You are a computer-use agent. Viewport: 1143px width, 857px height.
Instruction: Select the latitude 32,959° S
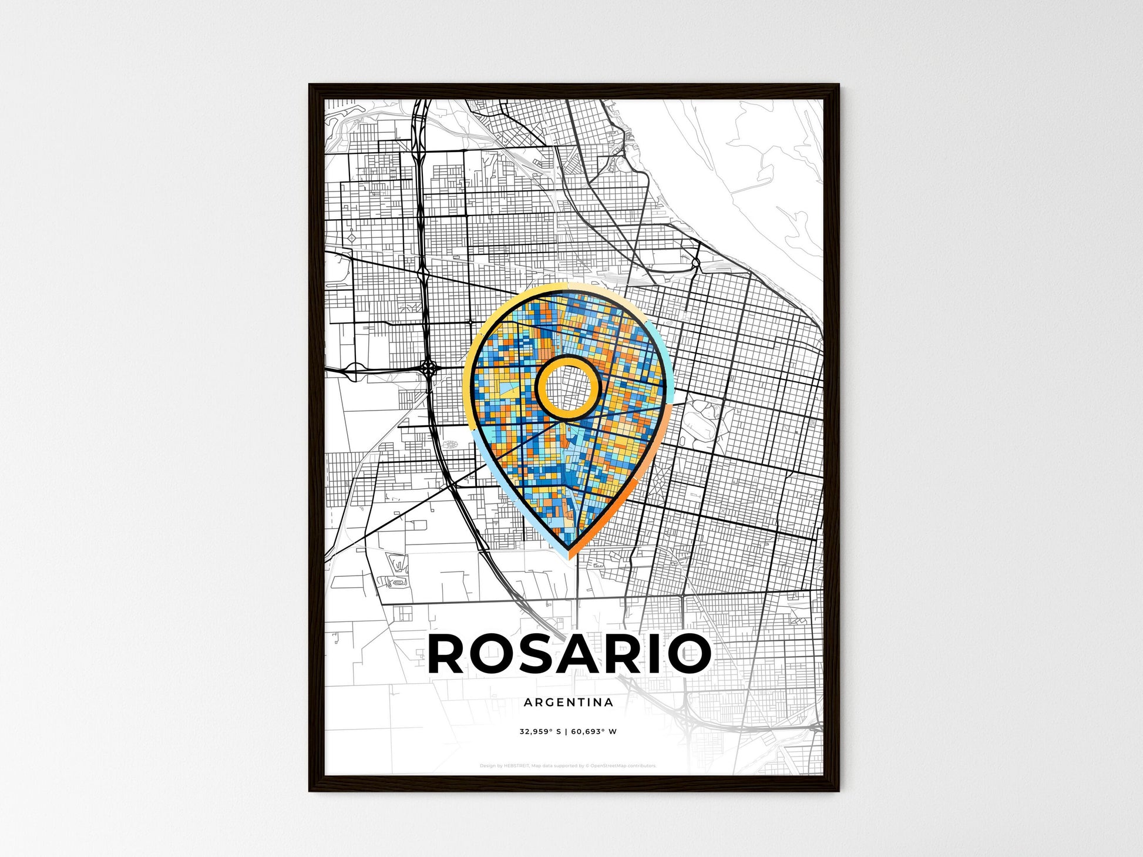(x=540, y=731)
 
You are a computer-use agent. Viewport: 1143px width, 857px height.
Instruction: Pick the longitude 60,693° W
(x=594, y=731)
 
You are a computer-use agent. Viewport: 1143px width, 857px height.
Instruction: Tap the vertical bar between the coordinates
(x=566, y=731)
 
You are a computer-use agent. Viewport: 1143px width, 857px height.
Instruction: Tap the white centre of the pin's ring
(x=567, y=388)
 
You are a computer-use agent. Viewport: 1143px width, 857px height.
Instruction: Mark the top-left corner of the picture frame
(x=310, y=85)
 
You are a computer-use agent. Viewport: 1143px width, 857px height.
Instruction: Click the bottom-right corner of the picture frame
(x=838, y=791)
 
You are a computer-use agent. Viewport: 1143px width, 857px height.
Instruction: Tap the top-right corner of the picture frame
(x=838, y=85)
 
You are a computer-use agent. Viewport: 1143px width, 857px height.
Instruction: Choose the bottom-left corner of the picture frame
(x=310, y=791)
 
